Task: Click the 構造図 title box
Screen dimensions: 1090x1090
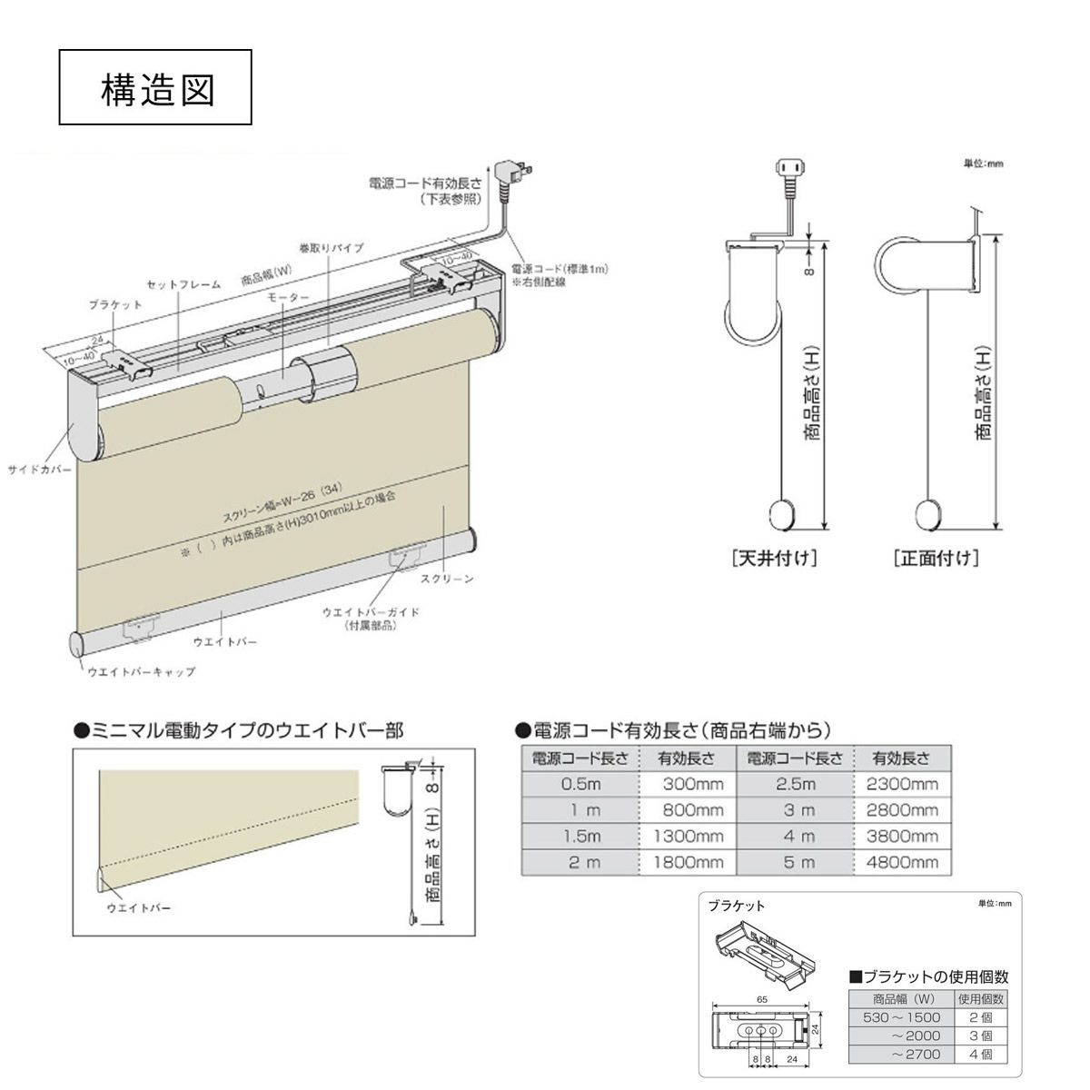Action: [x=155, y=87]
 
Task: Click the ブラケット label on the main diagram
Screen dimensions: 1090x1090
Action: [x=114, y=305]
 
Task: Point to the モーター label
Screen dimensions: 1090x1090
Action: [x=287, y=297]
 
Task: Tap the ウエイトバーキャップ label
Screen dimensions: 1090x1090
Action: [x=142, y=672]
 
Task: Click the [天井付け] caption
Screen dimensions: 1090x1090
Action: [x=774, y=559]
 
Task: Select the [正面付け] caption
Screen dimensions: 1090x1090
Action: [x=936, y=559]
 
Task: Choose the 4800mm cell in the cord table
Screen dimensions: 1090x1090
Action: [x=901, y=862]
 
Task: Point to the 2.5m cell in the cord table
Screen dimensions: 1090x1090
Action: [x=795, y=784]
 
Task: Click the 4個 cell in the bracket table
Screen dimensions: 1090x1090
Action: [x=980, y=1055]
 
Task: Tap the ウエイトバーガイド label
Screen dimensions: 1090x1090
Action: [x=371, y=612]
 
